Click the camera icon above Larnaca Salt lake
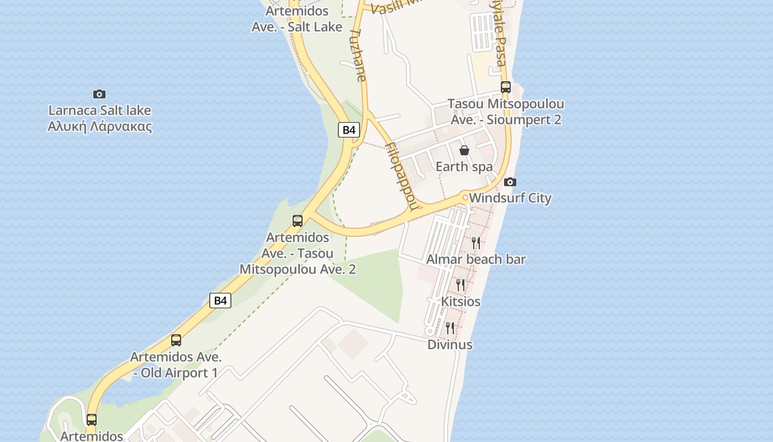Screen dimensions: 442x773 (99, 94)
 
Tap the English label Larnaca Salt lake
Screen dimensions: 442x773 (99, 110)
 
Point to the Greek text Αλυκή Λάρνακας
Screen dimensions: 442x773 (99, 127)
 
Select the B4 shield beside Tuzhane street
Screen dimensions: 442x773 (349, 130)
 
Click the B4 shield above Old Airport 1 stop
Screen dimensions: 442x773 (220, 301)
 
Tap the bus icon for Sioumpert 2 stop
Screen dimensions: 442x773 (506, 87)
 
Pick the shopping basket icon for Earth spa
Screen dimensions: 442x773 (464, 150)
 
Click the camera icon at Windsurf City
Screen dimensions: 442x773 (510, 182)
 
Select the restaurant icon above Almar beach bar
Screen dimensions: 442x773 (476, 243)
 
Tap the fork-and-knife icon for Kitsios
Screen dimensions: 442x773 (460, 285)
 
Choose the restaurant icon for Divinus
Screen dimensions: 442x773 (450, 328)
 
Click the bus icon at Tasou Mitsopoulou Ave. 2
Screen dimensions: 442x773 (298, 221)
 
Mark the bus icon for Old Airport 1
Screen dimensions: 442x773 (176, 340)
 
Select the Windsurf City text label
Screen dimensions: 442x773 (510, 198)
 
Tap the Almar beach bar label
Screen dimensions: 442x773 (476, 259)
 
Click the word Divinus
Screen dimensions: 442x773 (450, 345)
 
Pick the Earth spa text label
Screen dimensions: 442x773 (464, 166)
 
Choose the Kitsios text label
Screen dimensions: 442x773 (460, 302)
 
